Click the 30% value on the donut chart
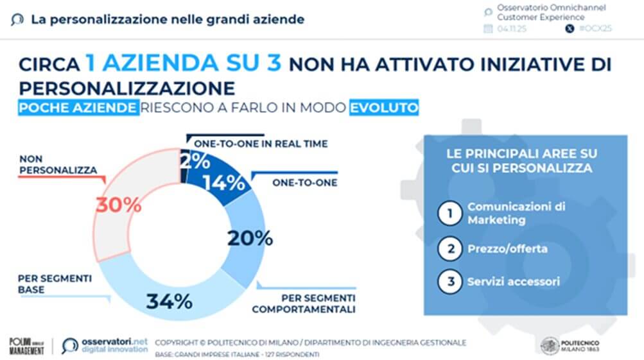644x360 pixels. click(x=118, y=205)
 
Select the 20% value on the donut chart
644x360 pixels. click(x=250, y=238)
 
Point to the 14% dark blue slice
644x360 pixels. click(x=224, y=183)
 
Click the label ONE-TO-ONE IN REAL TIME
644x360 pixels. click(x=261, y=144)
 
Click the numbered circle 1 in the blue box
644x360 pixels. click(x=449, y=214)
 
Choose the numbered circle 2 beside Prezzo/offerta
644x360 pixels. click(x=449, y=248)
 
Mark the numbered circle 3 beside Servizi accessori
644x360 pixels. click(x=449, y=281)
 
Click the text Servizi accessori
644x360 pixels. click(x=514, y=281)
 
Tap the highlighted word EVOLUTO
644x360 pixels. click(x=384, y=107)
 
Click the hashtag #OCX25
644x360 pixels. click(x=595, y=29)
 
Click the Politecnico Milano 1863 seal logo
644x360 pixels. click(x=550, y=346)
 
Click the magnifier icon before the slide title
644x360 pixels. click(x=17, y=19)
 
